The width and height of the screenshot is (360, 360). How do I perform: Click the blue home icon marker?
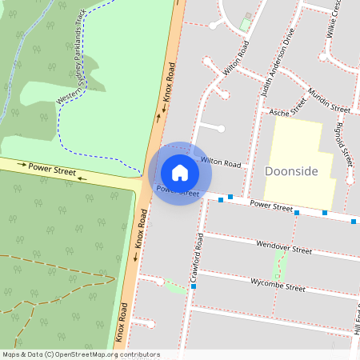[x=180, y=173]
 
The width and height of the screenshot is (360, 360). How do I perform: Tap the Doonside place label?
[x=291, y=172]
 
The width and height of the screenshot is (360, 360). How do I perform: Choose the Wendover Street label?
[x=280, y=250]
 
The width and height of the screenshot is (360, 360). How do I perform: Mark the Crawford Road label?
[x=196, y=256]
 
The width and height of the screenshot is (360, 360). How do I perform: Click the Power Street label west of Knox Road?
[x=52, y=169]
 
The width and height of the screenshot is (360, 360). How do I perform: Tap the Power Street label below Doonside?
[x=272, y=207]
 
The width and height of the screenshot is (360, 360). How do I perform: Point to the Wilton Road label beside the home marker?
[x=221, y=162]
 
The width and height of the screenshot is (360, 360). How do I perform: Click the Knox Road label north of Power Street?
[x=169, y=88]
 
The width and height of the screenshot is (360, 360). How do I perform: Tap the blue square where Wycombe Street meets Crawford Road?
[x=194, y=286]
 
